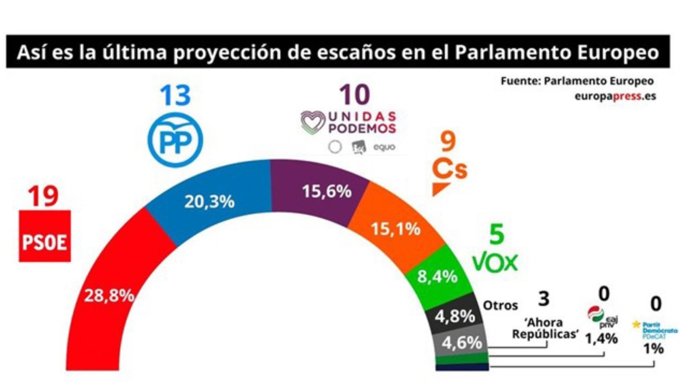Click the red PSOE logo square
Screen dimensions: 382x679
tap(45, 236)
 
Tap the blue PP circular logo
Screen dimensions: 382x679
tap(175, 137)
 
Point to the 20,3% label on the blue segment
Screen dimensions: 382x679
tap(210, 202)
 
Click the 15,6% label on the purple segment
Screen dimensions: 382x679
tap(327, 191)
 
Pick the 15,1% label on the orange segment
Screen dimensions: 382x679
tap(396, 229)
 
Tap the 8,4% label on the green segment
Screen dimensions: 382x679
tap(438, 276)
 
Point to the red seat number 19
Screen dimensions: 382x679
tap(43, 197)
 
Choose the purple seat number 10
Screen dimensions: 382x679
tap(355, 95)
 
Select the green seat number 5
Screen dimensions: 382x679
tap(497, 235)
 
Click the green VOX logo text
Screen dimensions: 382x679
tap(495, 262)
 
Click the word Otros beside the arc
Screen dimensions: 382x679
tap(500, 306)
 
